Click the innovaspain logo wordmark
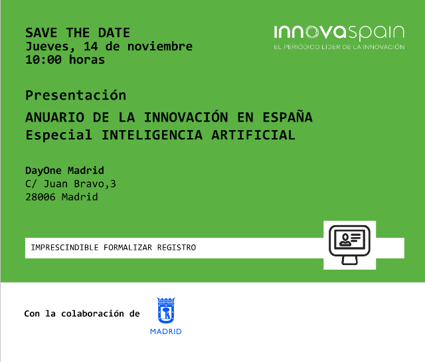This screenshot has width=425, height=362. (x=339, y=33)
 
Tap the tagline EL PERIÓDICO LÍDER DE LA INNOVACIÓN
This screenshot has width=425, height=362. (x=339, y=47)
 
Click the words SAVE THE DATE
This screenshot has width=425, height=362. (x=78, y=33)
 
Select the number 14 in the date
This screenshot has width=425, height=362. (x=90, y=46)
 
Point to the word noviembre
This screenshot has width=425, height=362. (x=160, y=46)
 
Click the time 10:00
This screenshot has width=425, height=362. (x=43, y=60)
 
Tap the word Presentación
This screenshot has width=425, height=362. (x=76, y=95)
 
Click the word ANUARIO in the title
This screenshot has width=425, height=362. (x=54, y=118)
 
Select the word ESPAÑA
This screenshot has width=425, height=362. (x=288, y=117)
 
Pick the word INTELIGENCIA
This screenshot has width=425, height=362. (x=152, y=135)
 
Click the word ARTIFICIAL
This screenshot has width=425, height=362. (x=254, y=135)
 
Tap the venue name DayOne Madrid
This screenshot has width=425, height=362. (x=64, y=171)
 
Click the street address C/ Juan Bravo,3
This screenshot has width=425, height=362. (x=71, y=184)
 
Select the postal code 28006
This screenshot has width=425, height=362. (x=41, y=197)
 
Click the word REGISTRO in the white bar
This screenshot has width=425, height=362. (x=177, y=248)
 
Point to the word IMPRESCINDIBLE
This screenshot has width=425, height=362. (x=64, y=248)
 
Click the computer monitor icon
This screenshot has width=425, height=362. (x=350, y=245)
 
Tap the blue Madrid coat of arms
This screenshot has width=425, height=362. (x=166, y=310)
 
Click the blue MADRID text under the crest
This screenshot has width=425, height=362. (x=166, y=331)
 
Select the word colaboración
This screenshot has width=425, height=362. (x=93, y=314)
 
